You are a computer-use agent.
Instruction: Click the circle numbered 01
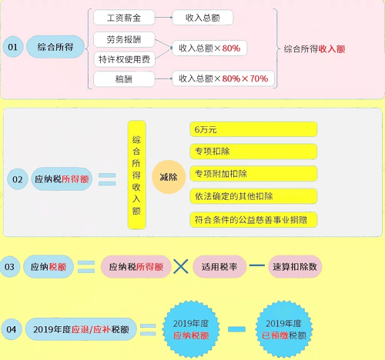tap(13, 47)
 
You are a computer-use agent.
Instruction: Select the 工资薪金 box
tap(124, 18)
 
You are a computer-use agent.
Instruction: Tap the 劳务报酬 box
tap(124, 39)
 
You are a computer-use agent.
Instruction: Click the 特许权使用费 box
tap(124, 59)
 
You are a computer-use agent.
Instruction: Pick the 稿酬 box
tap(124, 79)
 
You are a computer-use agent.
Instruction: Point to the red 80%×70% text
tap(245, 78)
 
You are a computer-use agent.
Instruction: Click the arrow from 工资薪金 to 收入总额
tap(164, 18)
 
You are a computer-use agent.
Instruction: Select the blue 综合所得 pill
tap(55, 47)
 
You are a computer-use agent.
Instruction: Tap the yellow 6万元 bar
tap(253, 129)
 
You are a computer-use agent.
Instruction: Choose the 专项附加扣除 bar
tap(253, 174)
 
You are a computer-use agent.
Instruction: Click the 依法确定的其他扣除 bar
tap(253, 196)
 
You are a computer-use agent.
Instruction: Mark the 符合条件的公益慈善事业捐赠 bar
tap(253, 219)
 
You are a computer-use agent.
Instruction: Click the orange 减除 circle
tap(169, 177)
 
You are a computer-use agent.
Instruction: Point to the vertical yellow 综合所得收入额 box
tap(137, 175)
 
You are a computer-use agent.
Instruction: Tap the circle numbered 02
tap(18, 179)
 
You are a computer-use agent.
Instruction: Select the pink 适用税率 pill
tap(219, 267)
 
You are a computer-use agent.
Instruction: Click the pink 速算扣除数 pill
tap(295, 267)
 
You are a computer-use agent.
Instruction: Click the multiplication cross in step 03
tap(181, 266)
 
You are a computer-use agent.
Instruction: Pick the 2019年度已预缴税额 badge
tap(283, 329)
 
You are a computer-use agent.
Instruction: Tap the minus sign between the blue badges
tap(236, 329)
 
